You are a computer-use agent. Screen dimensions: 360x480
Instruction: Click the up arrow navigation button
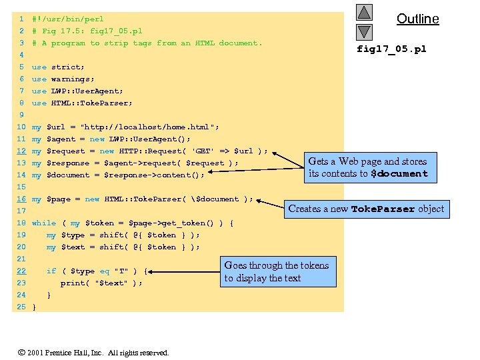[x=363, y=12]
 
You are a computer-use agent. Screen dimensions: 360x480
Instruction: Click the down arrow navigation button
[x=363, y=31]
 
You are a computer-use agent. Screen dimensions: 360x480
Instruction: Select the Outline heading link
[x=418, y=19]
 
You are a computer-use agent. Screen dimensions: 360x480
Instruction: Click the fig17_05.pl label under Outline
[x=391, y=49]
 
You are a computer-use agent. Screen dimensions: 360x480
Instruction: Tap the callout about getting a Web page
[x=367, y=167]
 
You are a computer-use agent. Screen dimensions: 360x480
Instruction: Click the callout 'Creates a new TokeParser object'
[x=366, y=209]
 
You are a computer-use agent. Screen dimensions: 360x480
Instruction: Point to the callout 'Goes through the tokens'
[x=276, y=271]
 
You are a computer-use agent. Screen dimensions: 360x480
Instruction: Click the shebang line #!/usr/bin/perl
[x=67, y=19]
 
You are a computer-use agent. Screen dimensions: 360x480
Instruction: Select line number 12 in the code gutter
[x=21, y=151]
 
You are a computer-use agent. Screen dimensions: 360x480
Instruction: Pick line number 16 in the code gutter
[x=21, y=199]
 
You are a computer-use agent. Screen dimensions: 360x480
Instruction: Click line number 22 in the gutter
[x=21, y=271]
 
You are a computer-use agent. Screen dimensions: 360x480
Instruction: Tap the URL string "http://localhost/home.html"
[x=149, y=127]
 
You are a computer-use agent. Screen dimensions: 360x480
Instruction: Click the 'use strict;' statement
[x=58, y=67]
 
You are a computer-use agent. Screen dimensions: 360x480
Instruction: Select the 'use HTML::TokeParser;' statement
[x=82, y=103]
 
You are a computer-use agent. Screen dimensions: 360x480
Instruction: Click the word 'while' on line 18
[x=44, y=223]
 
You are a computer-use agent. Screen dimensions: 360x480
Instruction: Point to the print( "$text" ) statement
[x=101, y=283]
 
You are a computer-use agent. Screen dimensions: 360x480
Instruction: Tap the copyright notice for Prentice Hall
[x=93, y=353]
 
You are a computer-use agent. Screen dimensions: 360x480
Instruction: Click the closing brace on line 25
[x=34, y=307]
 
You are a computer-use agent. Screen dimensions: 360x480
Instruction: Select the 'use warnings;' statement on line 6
[x=63, y=79]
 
